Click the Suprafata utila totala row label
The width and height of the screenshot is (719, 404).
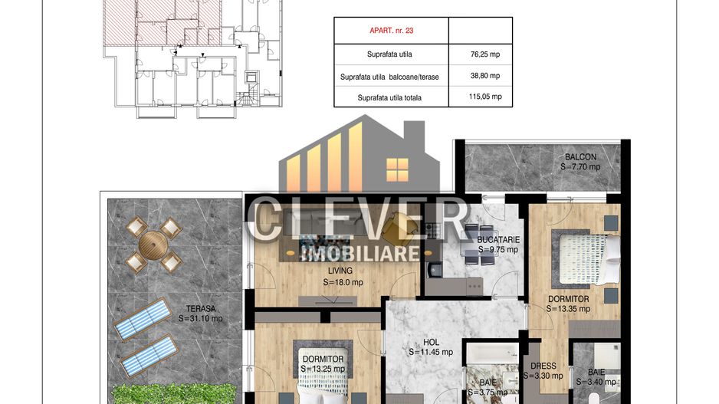click(x=390, y=97)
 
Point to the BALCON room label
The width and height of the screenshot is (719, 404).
click(x=580, y=157)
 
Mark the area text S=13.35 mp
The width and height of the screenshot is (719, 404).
click(x=568, y=309)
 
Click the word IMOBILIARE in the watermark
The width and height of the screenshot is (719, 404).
click(x=359, y=253)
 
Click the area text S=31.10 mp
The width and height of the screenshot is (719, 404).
click(x=200, y=318)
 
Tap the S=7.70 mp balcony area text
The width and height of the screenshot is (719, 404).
click(x=580, y=166)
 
